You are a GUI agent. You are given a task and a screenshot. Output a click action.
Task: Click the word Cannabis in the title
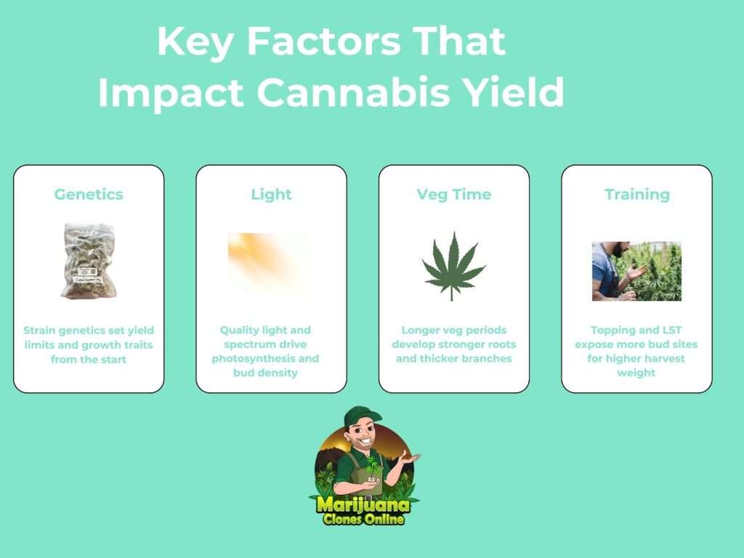(354, 92)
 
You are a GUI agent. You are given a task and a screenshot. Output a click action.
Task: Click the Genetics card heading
(89, 194)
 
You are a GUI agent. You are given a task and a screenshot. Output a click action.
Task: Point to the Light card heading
(272, 194)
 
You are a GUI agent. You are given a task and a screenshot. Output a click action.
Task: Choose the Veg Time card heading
(454, 194)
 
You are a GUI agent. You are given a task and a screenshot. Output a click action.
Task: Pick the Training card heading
(637, 195)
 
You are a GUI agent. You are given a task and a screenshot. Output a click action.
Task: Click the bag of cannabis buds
(89, 261)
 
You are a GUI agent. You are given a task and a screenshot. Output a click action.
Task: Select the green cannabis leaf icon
(453, 266)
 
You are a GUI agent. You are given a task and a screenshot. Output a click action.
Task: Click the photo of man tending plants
(636, 271)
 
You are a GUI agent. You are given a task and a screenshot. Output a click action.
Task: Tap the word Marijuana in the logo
(363, 504)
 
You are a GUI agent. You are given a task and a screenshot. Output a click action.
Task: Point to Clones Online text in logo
(363, 519)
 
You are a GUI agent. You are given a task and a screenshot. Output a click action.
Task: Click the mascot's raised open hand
(409, 459)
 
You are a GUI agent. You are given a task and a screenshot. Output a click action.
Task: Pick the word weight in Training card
(636, 373)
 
